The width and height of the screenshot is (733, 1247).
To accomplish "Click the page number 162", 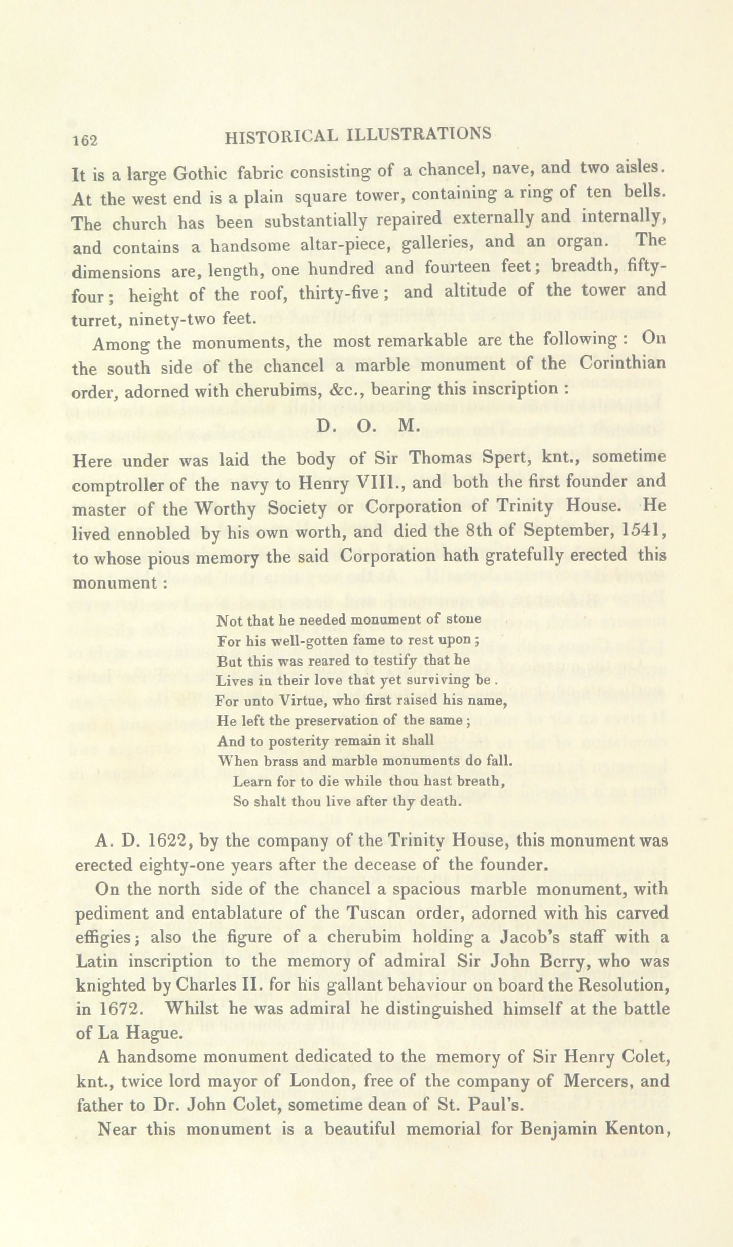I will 85,141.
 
